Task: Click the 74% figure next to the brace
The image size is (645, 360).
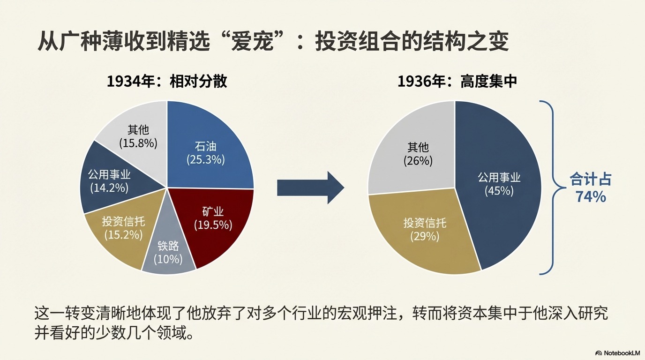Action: [x=591, y=197]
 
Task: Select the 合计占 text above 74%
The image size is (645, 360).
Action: [x=591, y=180]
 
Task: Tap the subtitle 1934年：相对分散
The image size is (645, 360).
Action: [x=167, y=82]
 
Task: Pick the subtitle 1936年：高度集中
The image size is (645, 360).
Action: [x=457, y=82]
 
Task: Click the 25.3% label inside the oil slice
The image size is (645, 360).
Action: [x=206, y=159]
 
